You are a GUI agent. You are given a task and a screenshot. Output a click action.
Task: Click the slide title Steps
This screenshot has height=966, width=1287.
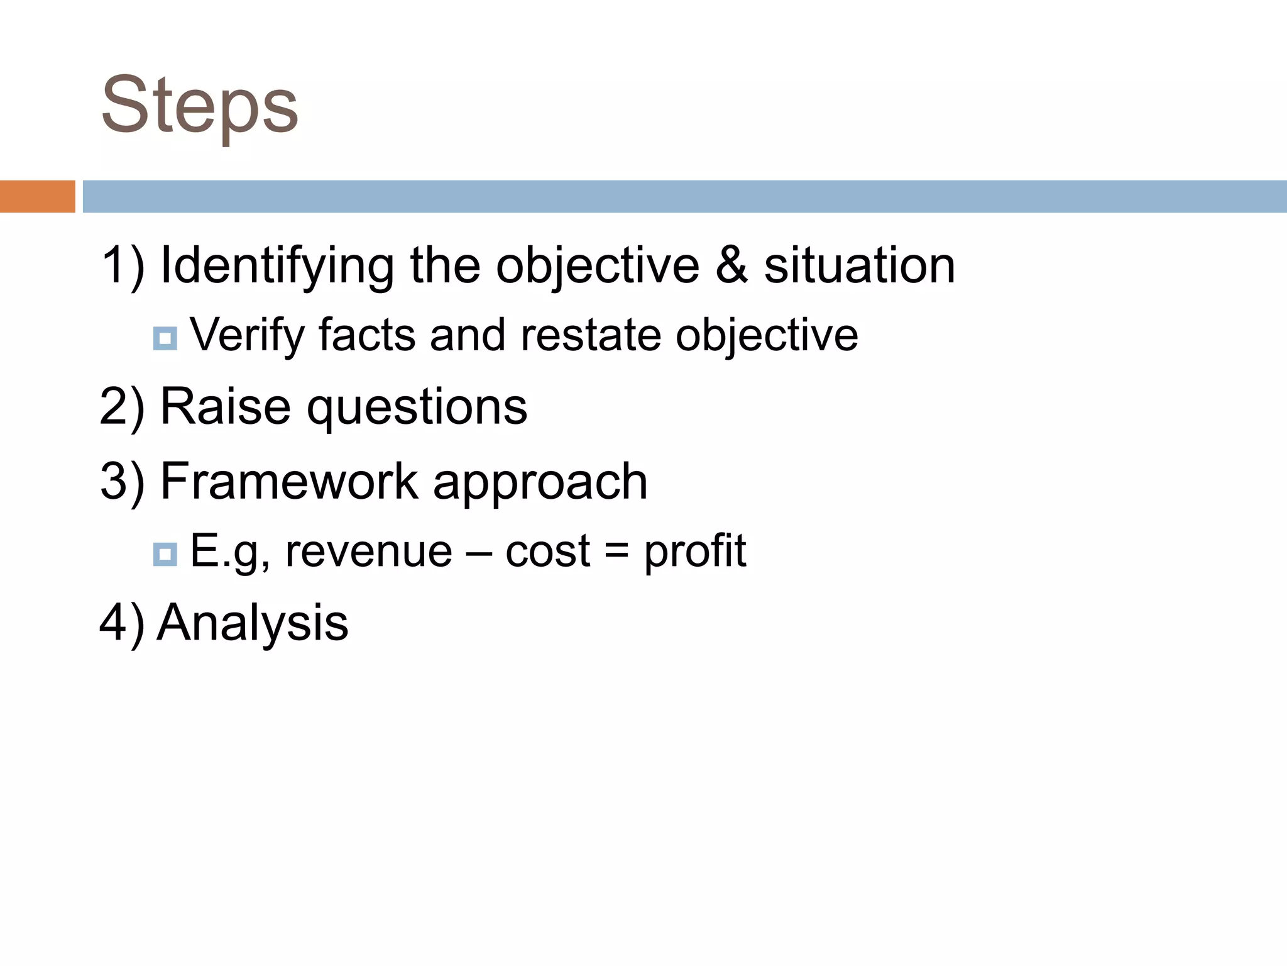pos(200,106)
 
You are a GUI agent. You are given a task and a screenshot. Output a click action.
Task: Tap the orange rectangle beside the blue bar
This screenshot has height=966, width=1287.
pos(37,196)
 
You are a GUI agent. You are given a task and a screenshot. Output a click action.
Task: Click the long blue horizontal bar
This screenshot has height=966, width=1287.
pos(684,196)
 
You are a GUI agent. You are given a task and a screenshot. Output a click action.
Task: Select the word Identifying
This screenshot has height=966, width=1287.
pos(277,267)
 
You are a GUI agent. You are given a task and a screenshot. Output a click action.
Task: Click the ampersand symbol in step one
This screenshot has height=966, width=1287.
pos(731,265)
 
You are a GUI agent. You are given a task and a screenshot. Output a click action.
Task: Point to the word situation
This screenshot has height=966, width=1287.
pos(859,265)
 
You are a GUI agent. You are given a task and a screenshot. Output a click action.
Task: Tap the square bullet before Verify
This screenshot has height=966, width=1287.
pos(165,339)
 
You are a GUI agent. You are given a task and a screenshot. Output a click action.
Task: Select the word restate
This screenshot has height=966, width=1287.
pos(590,335)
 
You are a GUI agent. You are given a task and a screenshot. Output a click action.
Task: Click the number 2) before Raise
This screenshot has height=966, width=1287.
pos(122,408)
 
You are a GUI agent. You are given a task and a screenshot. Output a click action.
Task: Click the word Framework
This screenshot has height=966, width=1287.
pos(289,481)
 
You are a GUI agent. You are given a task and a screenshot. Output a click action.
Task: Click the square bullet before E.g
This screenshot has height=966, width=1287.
pos(165,554)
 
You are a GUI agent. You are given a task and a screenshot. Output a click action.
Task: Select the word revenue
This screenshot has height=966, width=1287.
pos(369,551)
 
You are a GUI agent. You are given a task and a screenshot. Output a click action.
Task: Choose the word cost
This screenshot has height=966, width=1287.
pos(547,551)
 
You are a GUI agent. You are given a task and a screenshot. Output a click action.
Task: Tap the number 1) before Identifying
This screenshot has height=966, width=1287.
pos(122,267)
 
